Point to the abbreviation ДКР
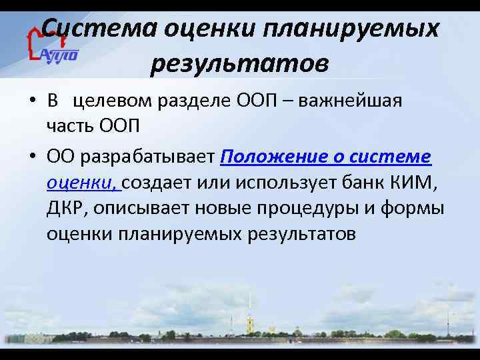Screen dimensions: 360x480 pyautogui.click(x=66, y=208)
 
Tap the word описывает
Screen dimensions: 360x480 pyautogui.click(x=142, y=208)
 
